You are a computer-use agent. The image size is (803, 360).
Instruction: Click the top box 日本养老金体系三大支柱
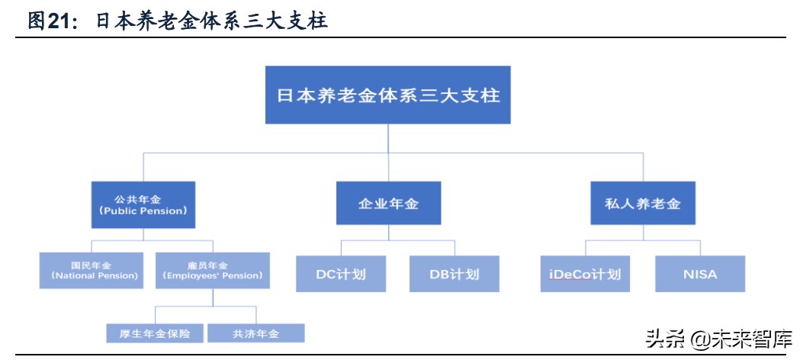coord(387,95)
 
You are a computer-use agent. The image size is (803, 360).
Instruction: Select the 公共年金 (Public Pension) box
coord(143,204)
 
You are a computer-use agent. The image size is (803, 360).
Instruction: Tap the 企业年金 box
coord(388,204)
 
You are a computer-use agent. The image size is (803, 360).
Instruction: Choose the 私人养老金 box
coord(643,204)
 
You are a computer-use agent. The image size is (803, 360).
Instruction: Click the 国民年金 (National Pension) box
coord(91,271)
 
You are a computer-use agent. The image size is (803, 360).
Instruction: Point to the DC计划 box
coord(341,273)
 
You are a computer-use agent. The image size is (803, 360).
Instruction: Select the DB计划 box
coord(454,273)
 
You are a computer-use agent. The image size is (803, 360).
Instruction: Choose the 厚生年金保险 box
coord(155,333)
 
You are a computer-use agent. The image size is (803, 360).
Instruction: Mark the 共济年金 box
coord(255,333)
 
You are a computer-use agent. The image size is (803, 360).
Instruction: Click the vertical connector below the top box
coord(388,138)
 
